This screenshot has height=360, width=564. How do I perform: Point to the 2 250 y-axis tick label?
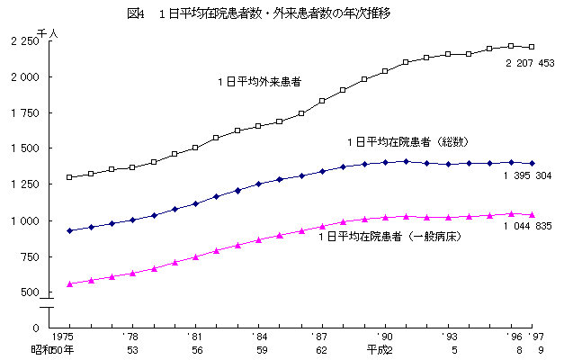pyautogui.click(x=25, y=41)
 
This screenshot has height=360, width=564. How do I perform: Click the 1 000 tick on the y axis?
pyautogui.click(x=25, y=220)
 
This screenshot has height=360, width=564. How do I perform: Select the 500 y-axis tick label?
pyautogui.click(x=30, y=292)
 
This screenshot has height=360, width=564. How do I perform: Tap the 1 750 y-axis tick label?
pyautogui.click(x=25, y=113)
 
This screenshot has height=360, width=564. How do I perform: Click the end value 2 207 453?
pyautogui.click(x=529, y=63)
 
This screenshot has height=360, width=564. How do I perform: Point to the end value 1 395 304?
pyautogui.click(x=529, y=175)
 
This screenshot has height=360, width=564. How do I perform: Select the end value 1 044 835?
pyautogui.click(x=529, y=226)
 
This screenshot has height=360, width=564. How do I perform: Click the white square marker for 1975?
pyautogui.click(x=70, y=177)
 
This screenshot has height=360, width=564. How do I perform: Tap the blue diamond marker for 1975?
pyautogui.click(x=70, y=231)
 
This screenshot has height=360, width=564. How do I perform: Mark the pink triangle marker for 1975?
pyautogui.click(x=70, y=283)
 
